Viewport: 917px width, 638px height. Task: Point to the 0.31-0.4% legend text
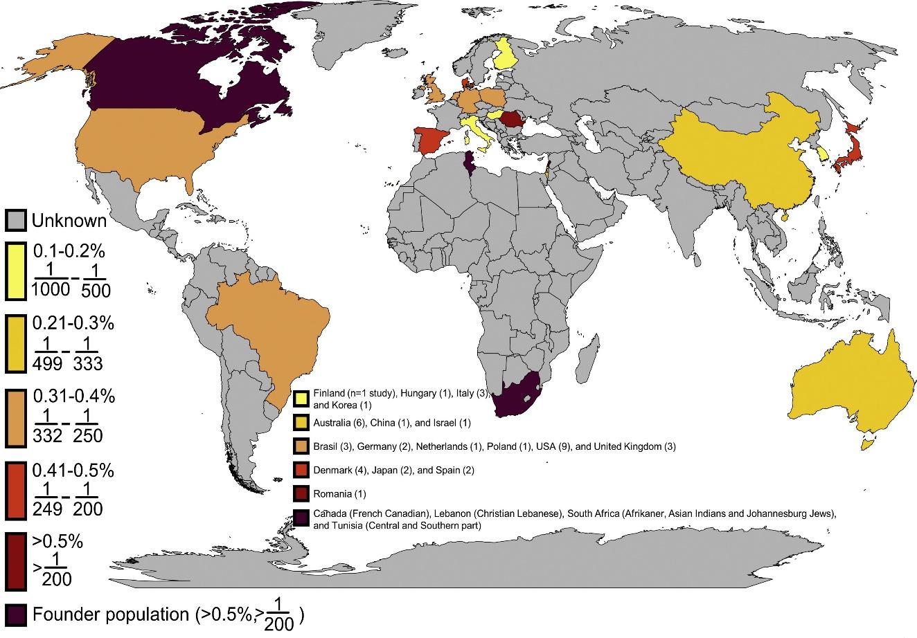tap(73, 397)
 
